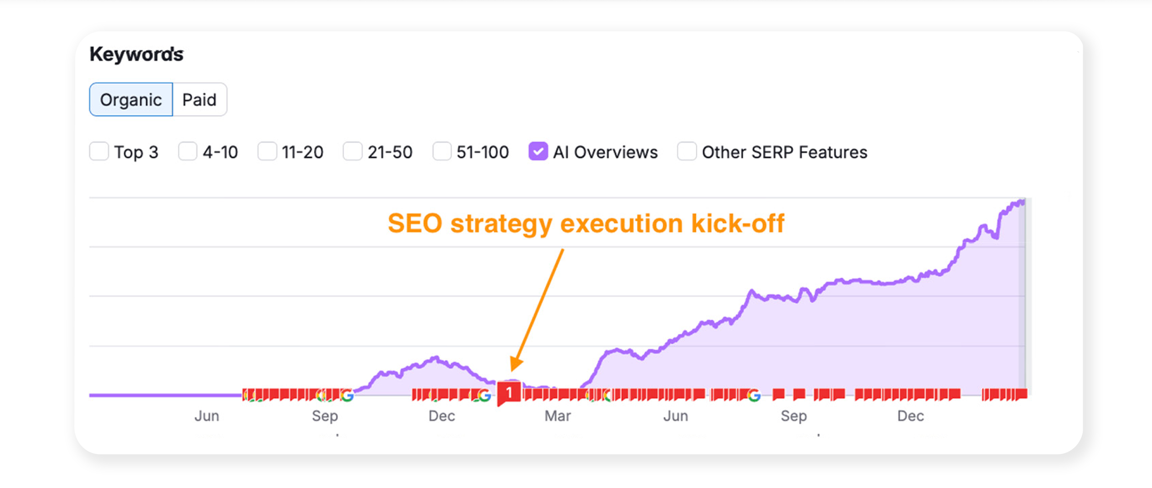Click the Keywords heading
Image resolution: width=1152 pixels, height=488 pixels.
[136, 54]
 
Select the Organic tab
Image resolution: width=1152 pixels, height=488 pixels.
[131, 99]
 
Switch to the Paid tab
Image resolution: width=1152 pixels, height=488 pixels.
[200, 99]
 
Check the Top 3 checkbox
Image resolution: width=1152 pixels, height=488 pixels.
[99, 151]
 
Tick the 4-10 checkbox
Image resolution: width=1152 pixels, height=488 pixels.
[187, 151]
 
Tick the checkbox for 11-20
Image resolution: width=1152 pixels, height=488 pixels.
[267, 151]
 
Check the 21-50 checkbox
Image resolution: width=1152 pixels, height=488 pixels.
[352, 151]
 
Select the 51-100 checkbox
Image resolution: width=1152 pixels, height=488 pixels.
[442, 151]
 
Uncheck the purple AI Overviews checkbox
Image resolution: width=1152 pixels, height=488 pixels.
[538, 151]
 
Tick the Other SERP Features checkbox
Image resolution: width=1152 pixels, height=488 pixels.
[687, 151]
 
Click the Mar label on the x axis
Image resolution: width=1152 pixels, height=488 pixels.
[558, 416]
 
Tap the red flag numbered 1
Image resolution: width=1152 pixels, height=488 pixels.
[509, 392]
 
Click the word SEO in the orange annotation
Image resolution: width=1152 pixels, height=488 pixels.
[415, 224]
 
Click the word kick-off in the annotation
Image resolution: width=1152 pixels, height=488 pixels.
[738, 224]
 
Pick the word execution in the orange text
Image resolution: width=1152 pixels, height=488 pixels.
[622, 224]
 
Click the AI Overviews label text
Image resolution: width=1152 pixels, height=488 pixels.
[605, 152]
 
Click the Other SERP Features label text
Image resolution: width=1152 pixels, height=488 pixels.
[784, 152]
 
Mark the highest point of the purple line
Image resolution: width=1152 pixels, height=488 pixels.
[1023, 200]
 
